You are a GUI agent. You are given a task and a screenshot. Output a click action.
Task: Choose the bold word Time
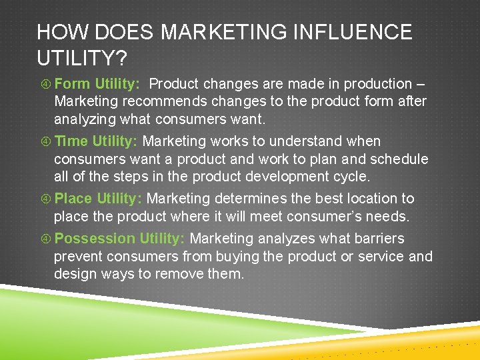[71, 141]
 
